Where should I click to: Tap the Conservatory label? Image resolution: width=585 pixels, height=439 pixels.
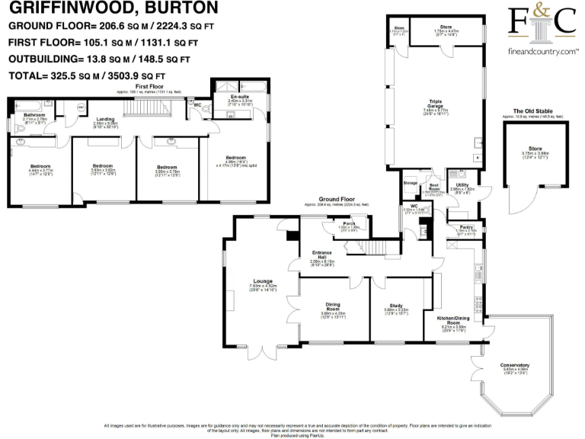pyautogui.click(x=516, y=366)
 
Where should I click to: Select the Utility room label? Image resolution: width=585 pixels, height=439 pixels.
pyautogui.click(x=462, y=184)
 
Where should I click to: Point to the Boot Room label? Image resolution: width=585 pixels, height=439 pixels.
pyautogui.click(x=435, y=187)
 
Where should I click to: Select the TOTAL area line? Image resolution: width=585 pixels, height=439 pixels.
pyautogui.click(x=86, y=75)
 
